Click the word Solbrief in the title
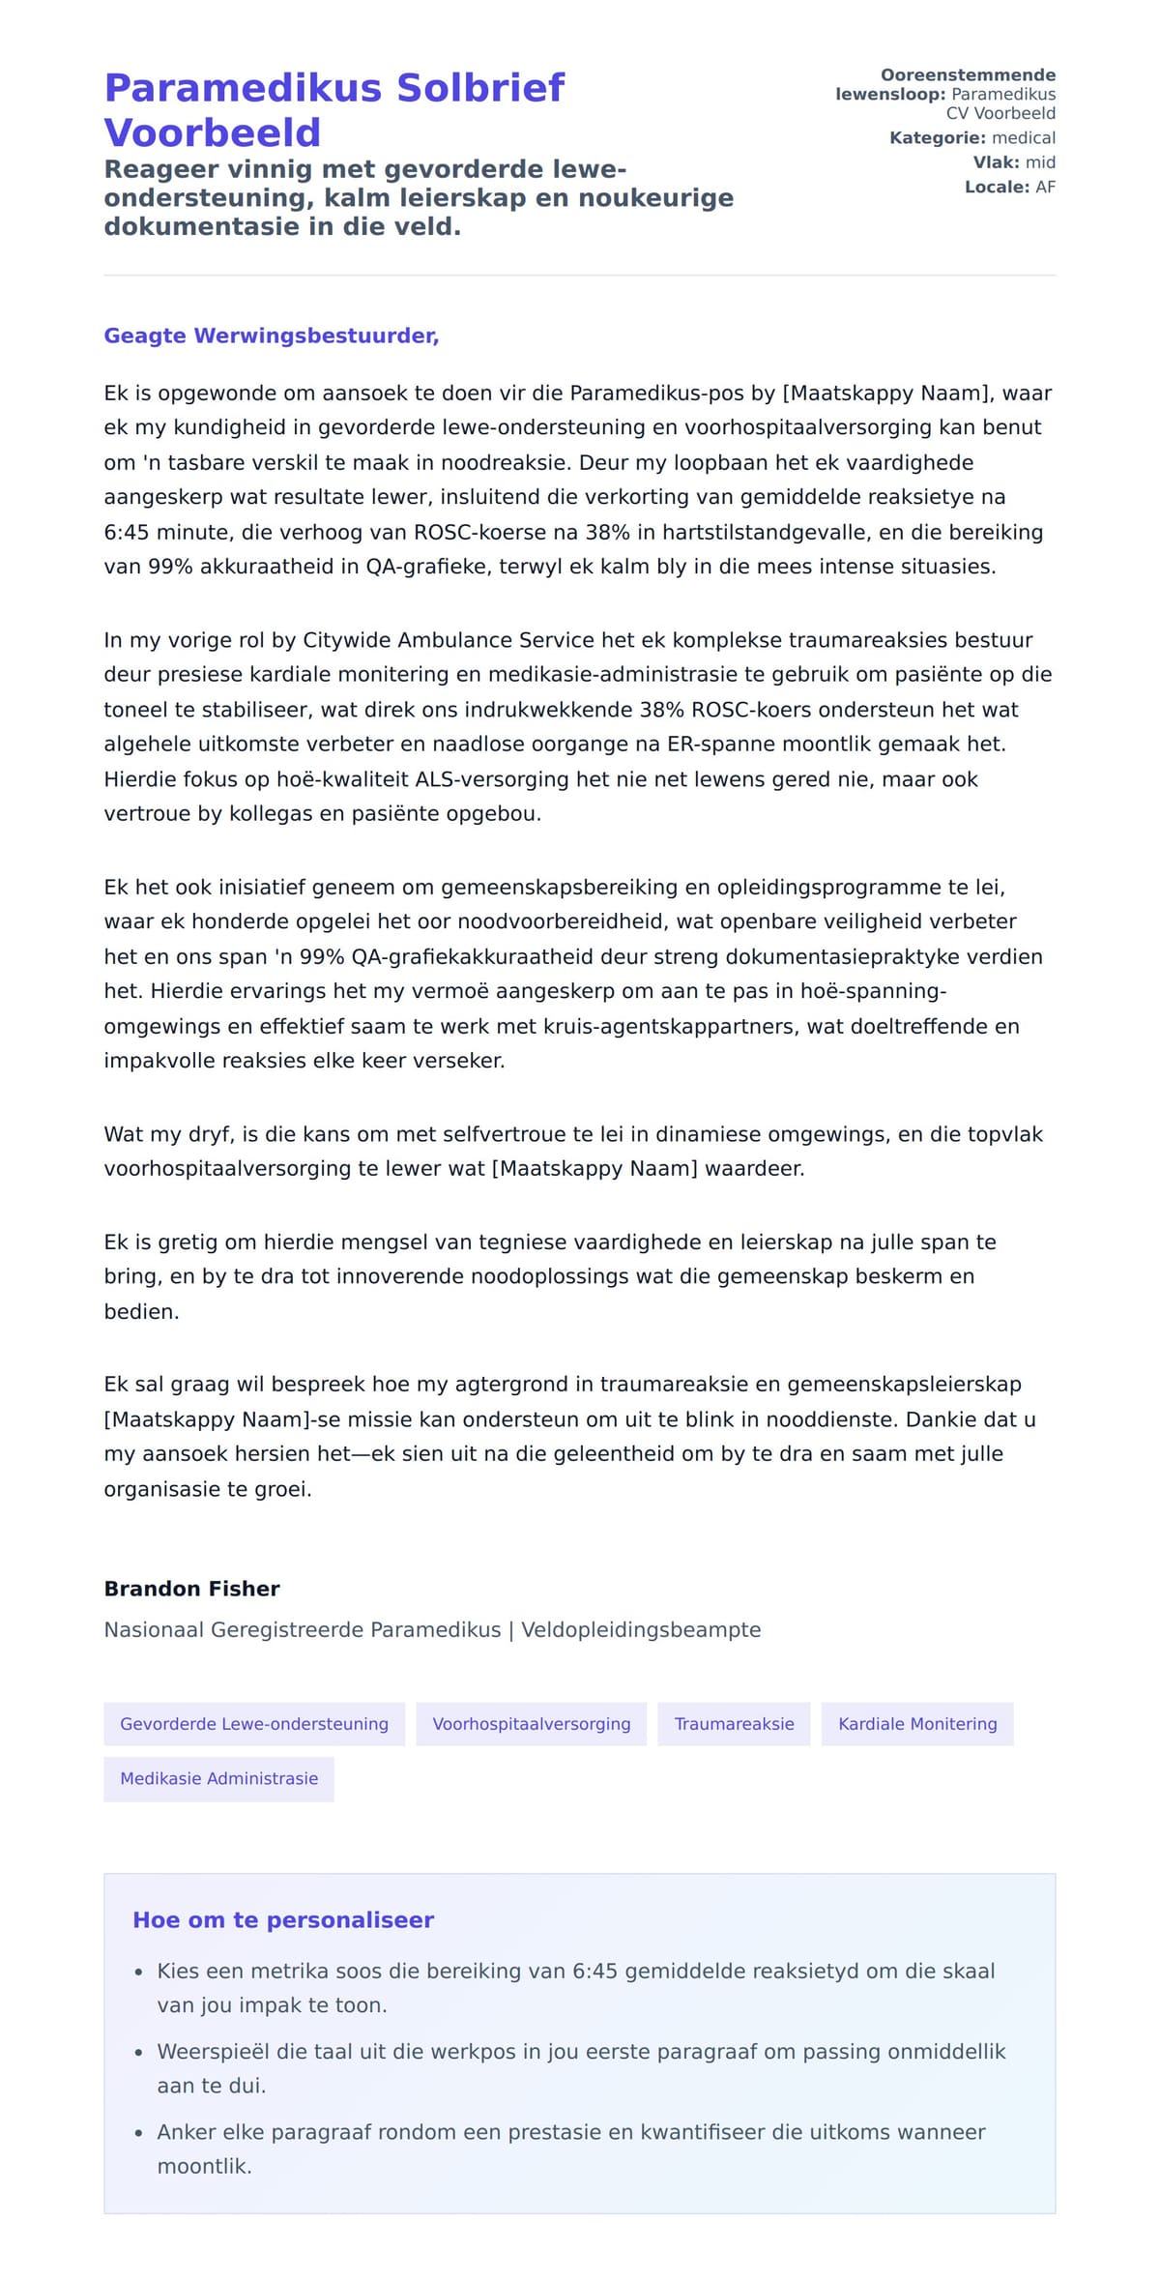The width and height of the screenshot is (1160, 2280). pyautogui.click(x=480, y=88)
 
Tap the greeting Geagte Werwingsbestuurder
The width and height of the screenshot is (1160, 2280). pyautogui.click(x=272, y=336)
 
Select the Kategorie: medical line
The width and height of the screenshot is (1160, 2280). pyautogui.click(x=971, y=138)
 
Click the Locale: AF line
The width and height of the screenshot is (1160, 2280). pyautogui.click(x=1009, y=187)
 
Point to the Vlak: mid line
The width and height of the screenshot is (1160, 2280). pyautogui.click(x=1013, y=162)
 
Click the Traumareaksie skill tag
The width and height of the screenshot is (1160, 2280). pyautogui.click(x=734, y=1723)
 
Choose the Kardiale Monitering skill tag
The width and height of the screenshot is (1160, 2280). pyautogui.click(x=916, y=1723)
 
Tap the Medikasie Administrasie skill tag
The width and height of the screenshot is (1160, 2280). pyautogui.click(x=218, y=1778)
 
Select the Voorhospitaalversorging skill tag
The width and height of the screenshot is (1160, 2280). pyautogui.click(x=531, y=1723)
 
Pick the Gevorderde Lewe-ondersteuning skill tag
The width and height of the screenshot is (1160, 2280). pyautogui.click(x=254, y=1723)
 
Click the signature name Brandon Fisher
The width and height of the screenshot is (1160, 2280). pyautogui.click(x=191, y=1589)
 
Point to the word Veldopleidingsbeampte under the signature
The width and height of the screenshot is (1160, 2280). pyautogui.click(x=641, y=1629)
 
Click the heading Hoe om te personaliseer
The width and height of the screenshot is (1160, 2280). pyautogui.click(x=283, y=1919)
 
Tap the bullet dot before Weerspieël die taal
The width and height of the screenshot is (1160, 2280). pyautogui.click(x=138, y=2053)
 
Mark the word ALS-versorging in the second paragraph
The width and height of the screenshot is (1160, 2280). pyautogui.click(x=482, y=779)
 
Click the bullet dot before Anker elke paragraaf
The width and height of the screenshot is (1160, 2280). pyautogui.click(x=138, y=2133)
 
